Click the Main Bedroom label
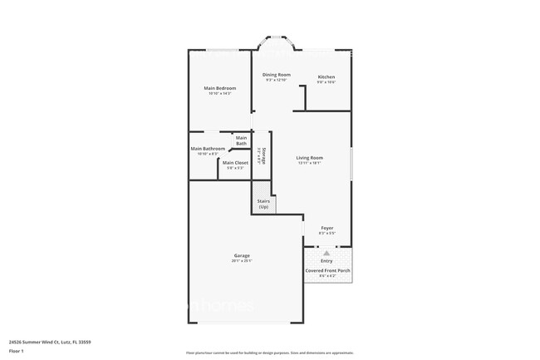[x=220, y=88]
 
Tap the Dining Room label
[x=277, y=75]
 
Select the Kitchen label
[x=326, y=77]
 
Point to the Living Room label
[x=310, y=157]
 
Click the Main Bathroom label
[x=208, y=148]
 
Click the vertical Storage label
[x=261, y=155]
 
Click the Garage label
[x=241, y=255]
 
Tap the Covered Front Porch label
[x=326, y=270]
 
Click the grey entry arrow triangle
[x=326, y=253]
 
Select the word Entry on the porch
[x=326, y=261]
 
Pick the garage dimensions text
[x=241, y=261]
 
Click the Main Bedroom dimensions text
[x=220, y=93]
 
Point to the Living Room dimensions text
[x=310, y=163]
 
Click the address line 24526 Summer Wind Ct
[x=49, y=341]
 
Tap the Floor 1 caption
[x=16, y=351]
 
